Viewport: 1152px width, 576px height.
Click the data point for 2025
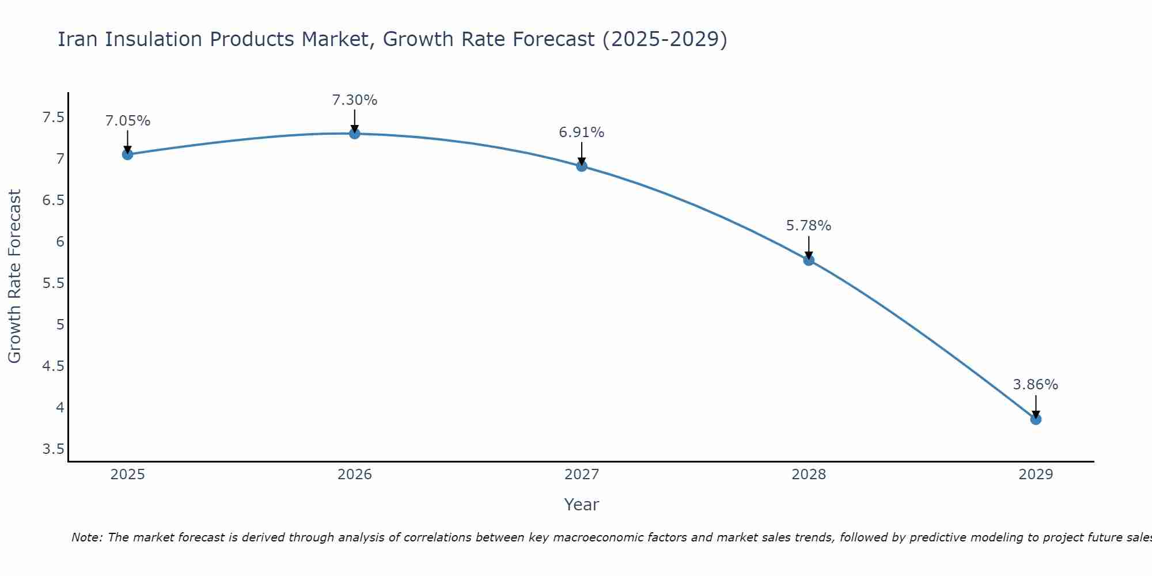coord(128,154)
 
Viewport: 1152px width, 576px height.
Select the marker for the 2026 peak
coord(355,134)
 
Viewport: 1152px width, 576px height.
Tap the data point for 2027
coord(582,166)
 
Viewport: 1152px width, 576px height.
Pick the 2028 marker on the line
coord(809,260)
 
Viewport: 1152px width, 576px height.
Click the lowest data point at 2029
coord(1036,419)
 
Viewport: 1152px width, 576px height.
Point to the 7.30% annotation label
coord(355,100)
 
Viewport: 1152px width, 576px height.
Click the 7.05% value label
coord(128,121)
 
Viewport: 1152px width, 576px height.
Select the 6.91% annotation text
coord(582,132)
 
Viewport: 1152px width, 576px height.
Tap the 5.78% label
coord(809,226)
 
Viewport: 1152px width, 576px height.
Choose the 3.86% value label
coord(1036,385)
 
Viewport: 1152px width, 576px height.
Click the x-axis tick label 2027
coord(582,475)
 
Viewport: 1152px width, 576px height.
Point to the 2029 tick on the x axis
coord(1036,475)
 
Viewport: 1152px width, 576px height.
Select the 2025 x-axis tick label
coord(128,475)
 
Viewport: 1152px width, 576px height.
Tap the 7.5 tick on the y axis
coord(54,118)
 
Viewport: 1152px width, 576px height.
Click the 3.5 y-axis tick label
coord(54,449)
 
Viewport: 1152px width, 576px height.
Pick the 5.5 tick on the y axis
coord(54,283)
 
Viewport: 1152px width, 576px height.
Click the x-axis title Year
coord(582,505)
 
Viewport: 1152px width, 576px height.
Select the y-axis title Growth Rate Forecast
coord(14,276)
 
